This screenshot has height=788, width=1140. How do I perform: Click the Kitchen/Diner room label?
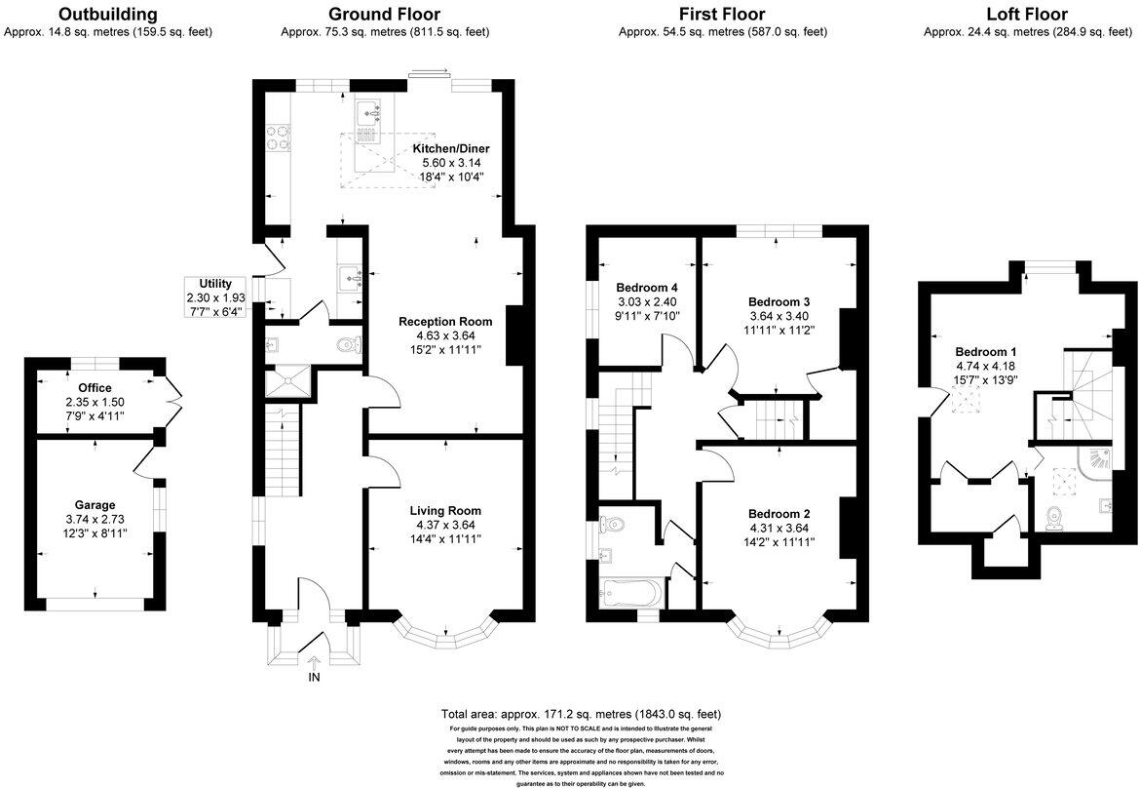click(x=449, y=148)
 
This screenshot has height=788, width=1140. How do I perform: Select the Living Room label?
click(x=445, y=510)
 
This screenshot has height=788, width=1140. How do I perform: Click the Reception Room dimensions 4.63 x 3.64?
click(x=445, y=335)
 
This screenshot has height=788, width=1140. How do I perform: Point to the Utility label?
click(x=215, y=283)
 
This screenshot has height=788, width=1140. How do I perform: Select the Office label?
click(x=95, y=387)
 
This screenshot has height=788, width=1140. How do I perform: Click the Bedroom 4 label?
click(x=647, y=288)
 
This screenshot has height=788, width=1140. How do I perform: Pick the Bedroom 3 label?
click(x=779, y=301)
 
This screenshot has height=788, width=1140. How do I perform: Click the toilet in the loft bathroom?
click(x=1055, y=518)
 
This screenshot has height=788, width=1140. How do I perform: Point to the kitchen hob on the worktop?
click(x=278, y=137)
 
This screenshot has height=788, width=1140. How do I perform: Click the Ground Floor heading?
click(x=384, y=14)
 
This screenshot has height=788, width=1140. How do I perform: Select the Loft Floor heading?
click(x=1027, y=14)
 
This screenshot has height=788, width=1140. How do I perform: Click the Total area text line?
click(x=582, y=714)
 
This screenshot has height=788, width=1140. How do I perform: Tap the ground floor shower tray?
click(x=290, y=381)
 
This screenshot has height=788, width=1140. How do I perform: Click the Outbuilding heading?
click(x=107, y=14)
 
